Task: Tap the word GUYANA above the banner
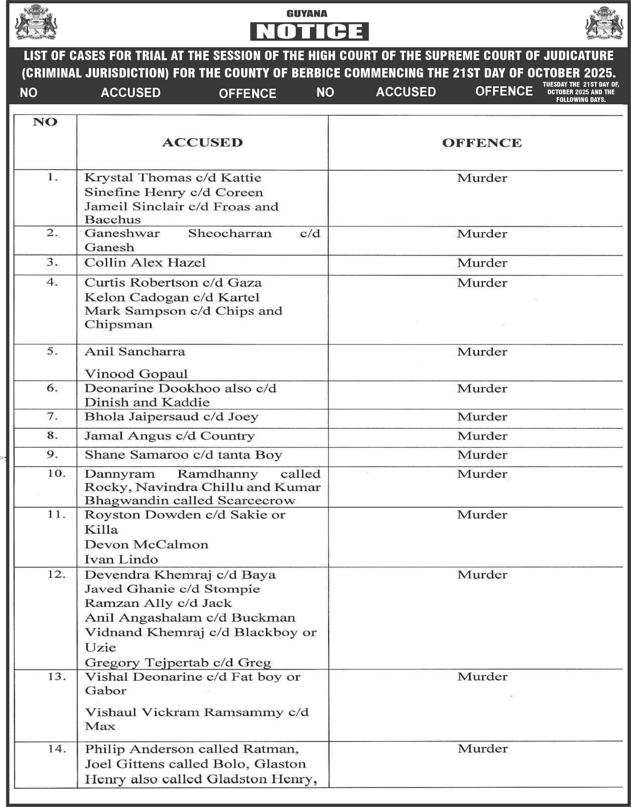pos(307,14)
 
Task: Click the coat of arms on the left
pos(36,22)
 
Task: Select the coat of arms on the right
pos(604,23)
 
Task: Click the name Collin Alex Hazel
pos(145,263)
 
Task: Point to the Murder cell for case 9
pos(482,455)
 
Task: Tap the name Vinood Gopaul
pos(136,374)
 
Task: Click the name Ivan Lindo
pos(121,559)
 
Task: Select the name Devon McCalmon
pos(146,545)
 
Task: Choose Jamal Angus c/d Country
pos(170,436)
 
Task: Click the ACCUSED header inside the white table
pos(202,143)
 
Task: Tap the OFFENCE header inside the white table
pos(482,143)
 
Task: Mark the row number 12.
pos(56,575)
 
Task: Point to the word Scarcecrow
pos(257,501)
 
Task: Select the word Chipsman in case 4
pos(118,324)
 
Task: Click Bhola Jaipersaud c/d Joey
pos(171,417)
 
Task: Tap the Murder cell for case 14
pos(483,749)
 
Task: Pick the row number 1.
pos(53,177)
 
